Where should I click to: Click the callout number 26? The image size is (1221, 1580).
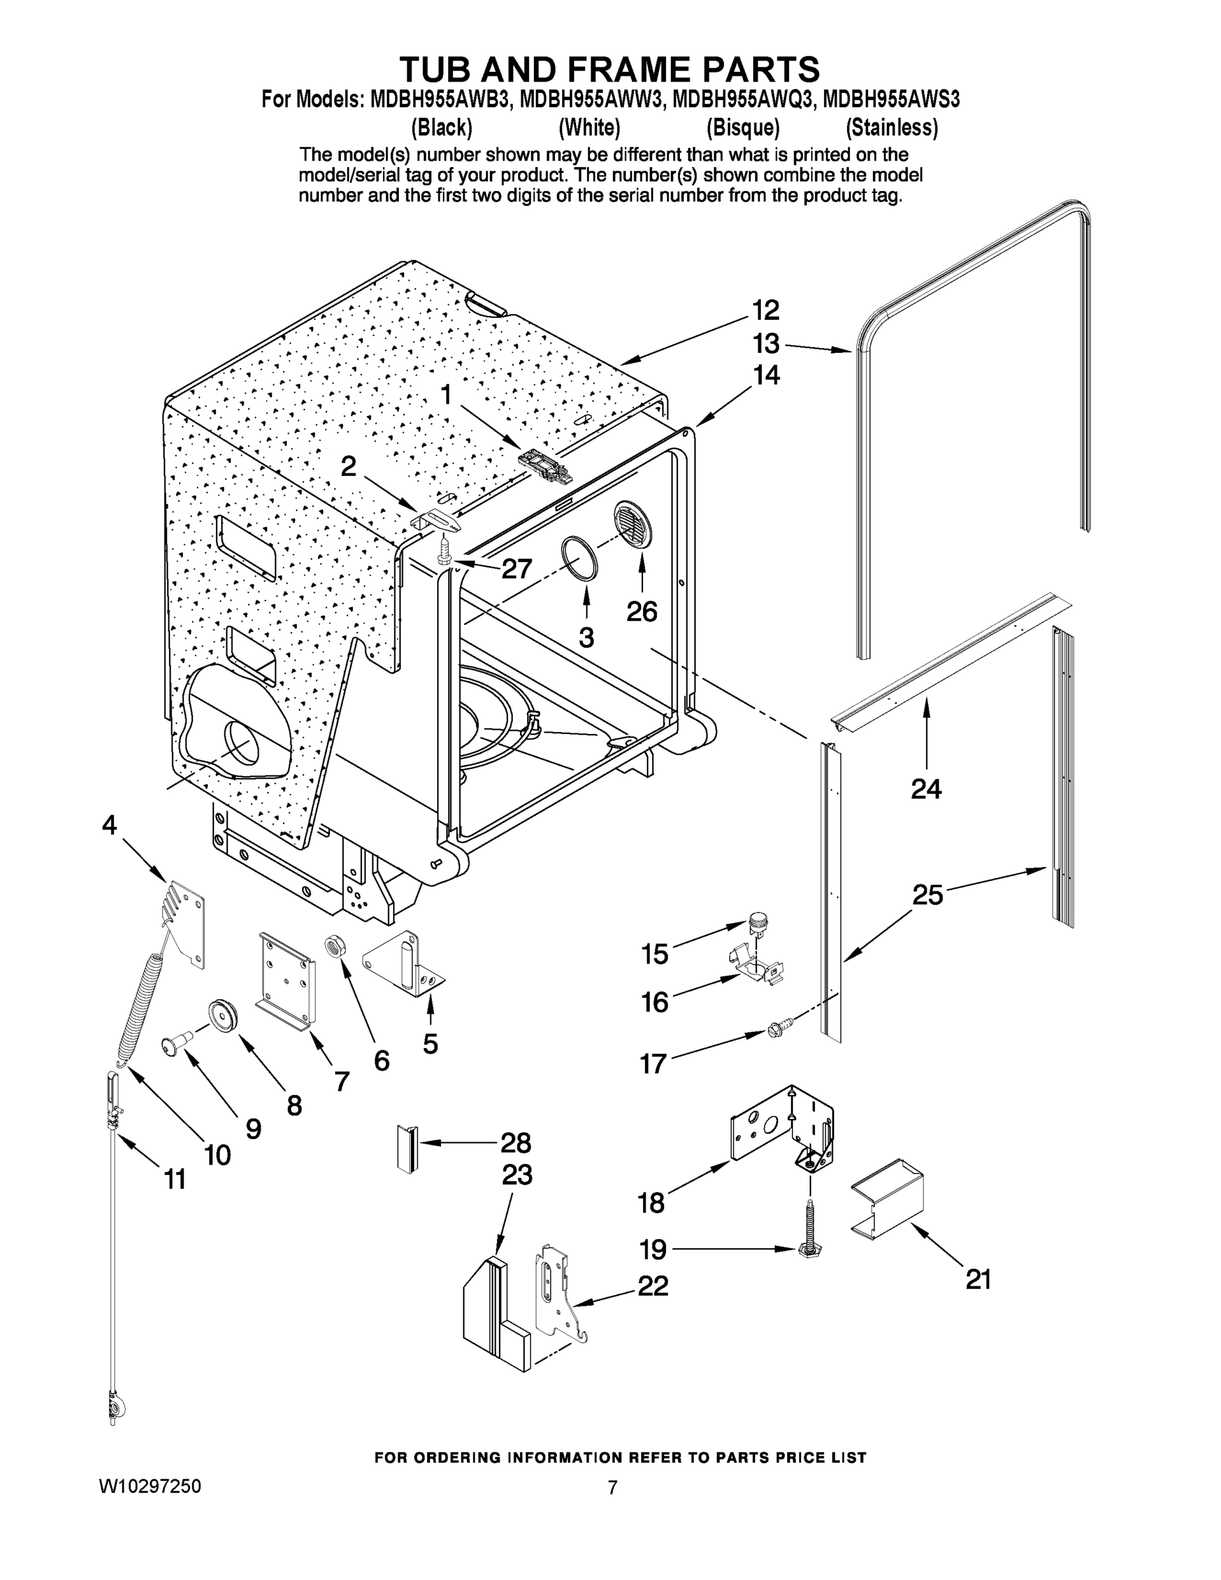[x=642, y=612]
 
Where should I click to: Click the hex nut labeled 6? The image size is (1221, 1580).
[x=335, y=945]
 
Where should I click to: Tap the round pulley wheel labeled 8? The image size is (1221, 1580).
[x=224, y=1014]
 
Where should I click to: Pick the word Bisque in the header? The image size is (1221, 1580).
[x=743, y=128]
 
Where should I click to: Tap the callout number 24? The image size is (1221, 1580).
[x=926, y=789]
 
